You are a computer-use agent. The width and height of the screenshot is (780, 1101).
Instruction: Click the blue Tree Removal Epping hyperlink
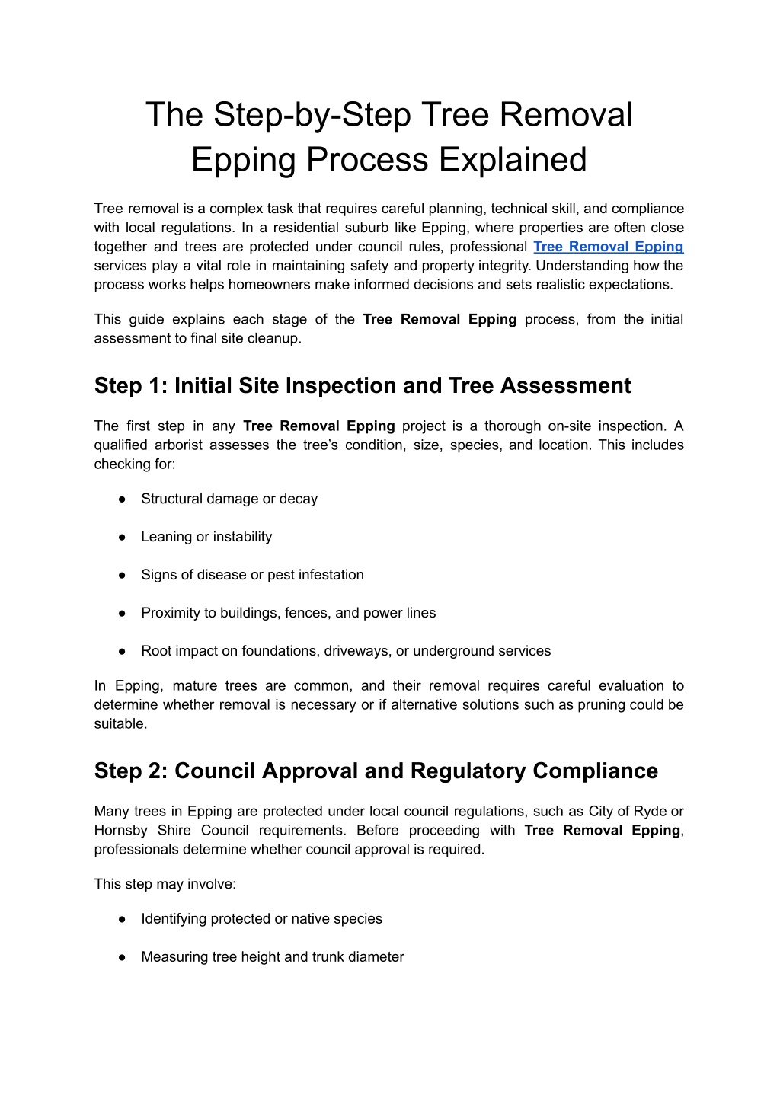608,247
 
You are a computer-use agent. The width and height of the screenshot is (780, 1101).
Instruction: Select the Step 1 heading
363,386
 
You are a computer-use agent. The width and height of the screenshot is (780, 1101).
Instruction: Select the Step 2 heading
376,771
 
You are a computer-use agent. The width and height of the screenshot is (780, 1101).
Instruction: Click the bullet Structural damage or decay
229,499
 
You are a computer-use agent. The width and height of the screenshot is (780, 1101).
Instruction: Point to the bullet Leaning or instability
206,538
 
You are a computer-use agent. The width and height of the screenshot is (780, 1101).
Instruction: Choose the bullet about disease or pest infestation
252,576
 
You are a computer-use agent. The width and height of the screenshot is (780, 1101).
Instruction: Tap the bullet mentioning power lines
288,614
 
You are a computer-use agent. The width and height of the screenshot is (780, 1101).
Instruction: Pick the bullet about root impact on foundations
345,652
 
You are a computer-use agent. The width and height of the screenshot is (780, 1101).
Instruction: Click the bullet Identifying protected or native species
261,919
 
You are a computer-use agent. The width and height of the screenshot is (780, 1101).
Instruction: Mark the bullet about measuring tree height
272,957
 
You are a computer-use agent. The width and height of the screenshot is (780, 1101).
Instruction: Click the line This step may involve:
165,884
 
